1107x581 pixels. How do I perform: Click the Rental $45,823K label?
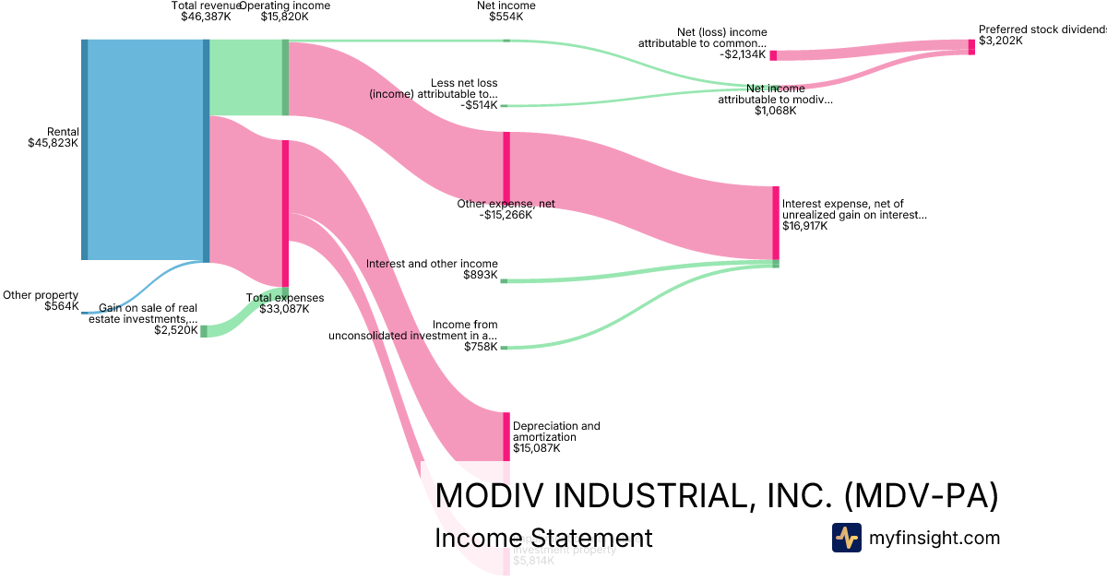point(54,137)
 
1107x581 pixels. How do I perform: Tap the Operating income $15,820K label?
point(284,11)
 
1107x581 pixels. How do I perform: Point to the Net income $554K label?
point(506,11)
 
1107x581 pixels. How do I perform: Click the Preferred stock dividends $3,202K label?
point(1041,35)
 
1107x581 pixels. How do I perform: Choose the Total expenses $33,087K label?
point(285,303)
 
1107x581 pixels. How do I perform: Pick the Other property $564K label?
point(41,301)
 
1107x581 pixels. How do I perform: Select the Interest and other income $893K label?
point(432,269)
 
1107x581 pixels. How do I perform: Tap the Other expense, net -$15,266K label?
point(506,209)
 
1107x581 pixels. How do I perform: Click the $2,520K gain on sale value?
point(176,330)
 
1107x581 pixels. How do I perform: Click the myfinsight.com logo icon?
point(846,538)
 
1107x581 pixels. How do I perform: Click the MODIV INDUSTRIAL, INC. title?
point(716,495)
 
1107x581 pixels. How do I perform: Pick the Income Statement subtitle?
point(543,538)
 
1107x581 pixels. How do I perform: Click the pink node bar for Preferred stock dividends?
point(971,47)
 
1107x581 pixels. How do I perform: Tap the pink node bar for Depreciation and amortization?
point(506,436)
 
